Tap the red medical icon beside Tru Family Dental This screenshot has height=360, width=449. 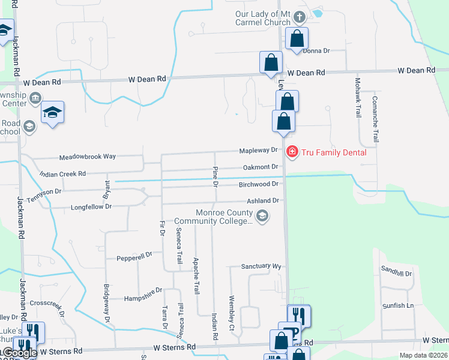[x=292, y=152]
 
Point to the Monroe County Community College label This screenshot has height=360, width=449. [x=225, y=217]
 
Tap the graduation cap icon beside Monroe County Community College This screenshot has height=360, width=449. [x=261, y=216]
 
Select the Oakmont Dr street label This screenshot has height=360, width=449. [x=259, y=167]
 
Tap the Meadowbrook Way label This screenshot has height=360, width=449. [x=87, y=157]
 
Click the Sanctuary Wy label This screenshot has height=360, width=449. [x=261, y=266]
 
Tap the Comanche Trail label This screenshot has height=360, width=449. [x=375, y=117]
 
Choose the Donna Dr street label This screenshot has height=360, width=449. [x=316, y=51]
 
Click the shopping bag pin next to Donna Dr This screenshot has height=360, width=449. [x=297, y=39]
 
